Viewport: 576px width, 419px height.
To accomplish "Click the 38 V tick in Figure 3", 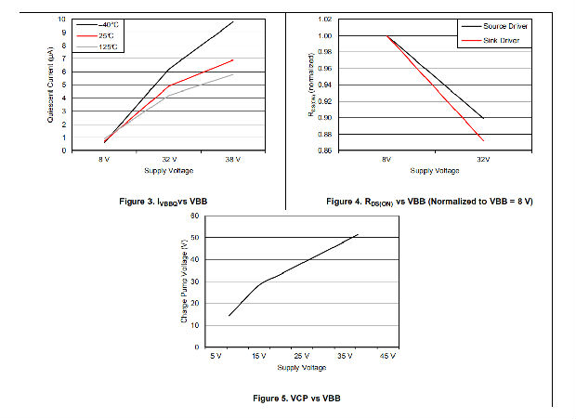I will click(x=232, y=160).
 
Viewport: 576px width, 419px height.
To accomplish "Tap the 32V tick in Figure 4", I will click(x=483, y=160).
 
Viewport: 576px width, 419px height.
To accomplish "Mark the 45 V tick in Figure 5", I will click(x=386, y=356).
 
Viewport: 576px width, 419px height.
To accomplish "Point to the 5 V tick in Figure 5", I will click(x=216, y=356).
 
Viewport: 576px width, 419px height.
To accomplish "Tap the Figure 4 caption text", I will click(x=434, y=202).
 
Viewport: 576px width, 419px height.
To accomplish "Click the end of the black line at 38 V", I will click(x=233, y=21).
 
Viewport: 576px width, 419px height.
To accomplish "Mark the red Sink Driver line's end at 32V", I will click(x=483, y=140).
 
